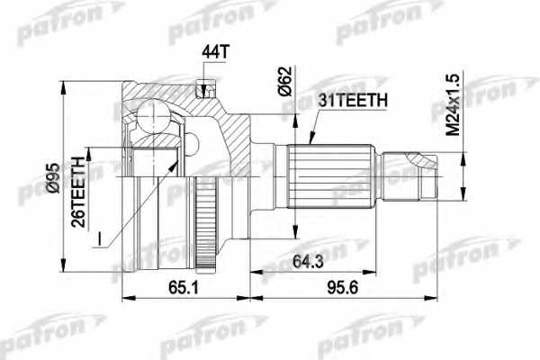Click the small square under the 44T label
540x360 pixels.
(x=205, y=88)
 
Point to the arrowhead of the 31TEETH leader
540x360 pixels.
(x=308, y=143)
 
